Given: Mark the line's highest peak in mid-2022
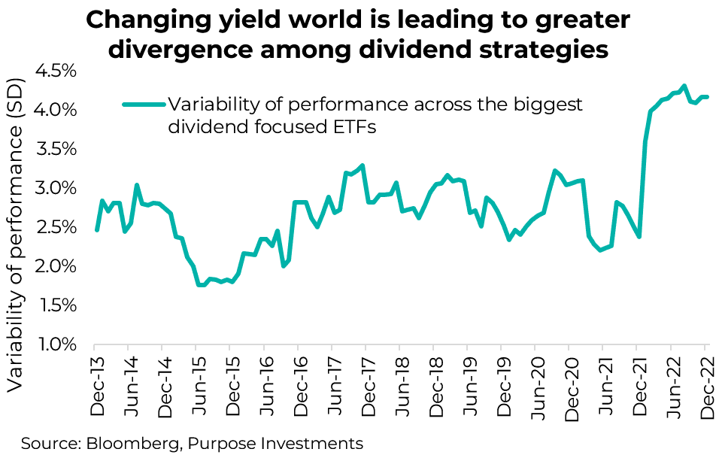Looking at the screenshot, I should click(684, 86).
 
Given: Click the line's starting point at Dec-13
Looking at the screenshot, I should click(96, 230).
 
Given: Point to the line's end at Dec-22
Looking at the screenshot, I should click(707, 97).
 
